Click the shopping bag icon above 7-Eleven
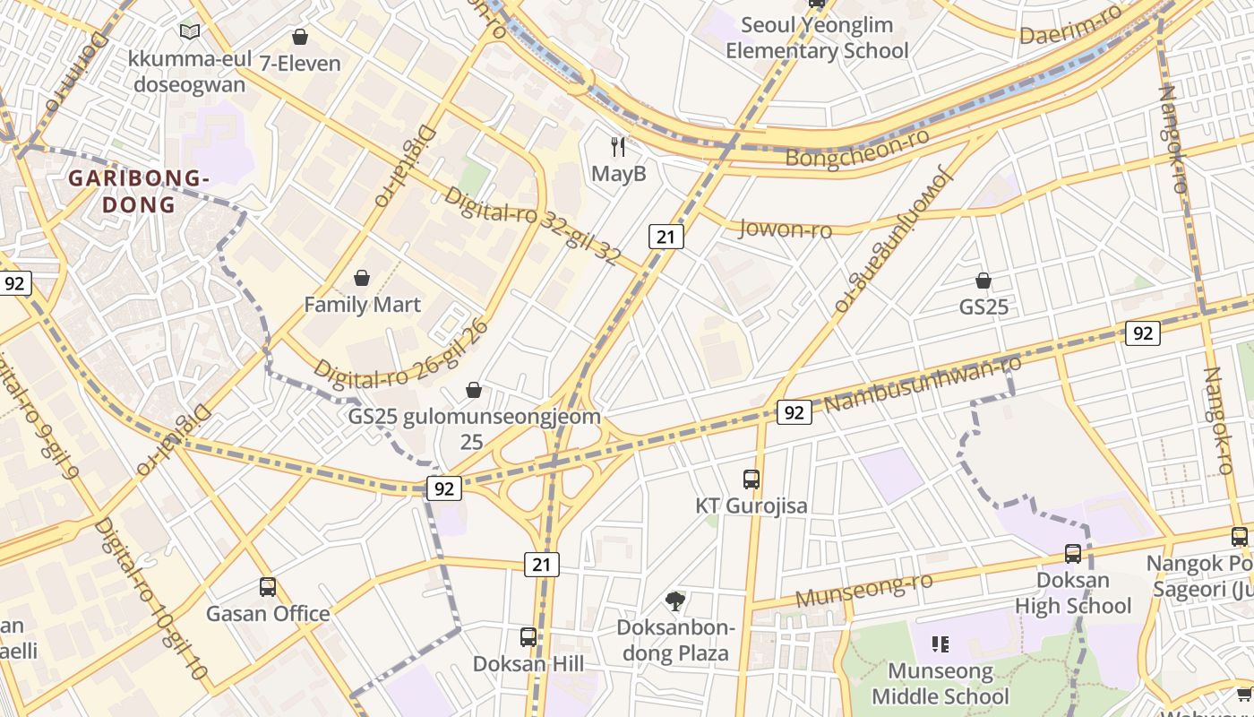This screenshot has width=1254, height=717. click(300, 37)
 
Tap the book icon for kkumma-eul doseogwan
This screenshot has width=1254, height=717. click(189, 32)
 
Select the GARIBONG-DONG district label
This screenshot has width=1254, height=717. click(139, 191)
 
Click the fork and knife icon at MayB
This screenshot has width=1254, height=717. click(618, 146)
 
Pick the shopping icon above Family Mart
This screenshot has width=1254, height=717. click(362, 278)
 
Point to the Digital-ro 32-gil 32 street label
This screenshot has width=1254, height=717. click(532, 226)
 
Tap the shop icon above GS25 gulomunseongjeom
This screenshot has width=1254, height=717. click(474, 390)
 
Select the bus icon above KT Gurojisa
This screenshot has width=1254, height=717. click(752, 479)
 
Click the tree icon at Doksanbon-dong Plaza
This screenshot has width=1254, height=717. click(675, 600)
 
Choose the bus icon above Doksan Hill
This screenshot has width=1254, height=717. click(528, 637)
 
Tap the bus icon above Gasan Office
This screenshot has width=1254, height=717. click(268, 587)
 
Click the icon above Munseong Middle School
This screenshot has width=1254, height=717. click(940, 644)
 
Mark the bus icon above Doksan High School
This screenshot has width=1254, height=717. click(1072, 553)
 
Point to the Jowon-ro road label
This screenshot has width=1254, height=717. click(785, 229)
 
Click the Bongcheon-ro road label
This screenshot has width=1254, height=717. click(856, 149)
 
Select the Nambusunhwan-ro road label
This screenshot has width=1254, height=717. click(923, 384)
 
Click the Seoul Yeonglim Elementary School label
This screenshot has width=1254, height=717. click(817, 38)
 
